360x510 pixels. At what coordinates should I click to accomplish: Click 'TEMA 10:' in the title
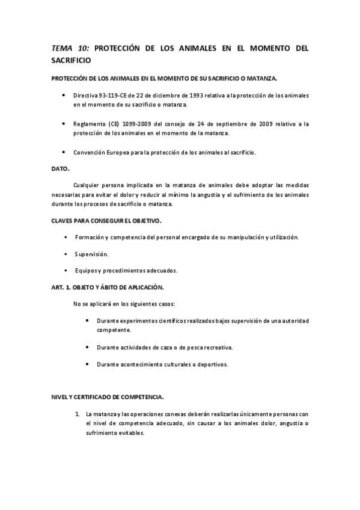[x=70, y=48]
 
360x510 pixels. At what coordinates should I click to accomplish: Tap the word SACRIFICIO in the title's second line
[x=72, y=61]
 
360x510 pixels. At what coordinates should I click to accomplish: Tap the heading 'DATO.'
[x=61, y=169]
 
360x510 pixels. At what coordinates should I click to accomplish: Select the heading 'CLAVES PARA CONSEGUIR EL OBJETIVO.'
[x=106, y=221]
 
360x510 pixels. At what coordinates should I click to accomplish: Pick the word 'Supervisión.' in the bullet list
[x=91, y=254]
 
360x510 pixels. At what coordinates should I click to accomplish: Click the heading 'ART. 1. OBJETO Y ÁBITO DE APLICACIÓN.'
[x=108, y=287]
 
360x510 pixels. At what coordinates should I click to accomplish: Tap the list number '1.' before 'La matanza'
[x=78, y=414]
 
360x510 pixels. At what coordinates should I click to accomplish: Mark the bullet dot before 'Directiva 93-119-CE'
[x=64, y=95]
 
